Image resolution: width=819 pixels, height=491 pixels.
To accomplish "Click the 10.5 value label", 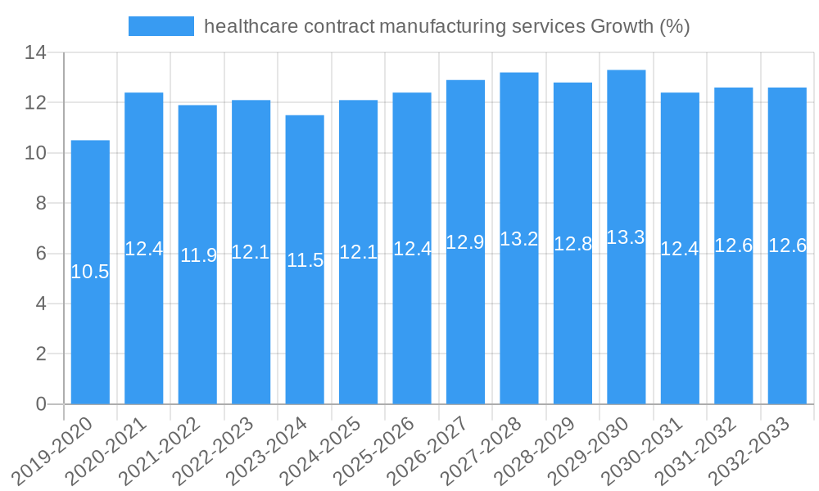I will pyautogui.click(x=90, y=273).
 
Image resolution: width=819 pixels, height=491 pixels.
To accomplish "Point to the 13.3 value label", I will pyautogui.click(x=627, y=237).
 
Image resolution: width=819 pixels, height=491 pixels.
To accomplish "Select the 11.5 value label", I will pyautogui.click(x=305, y=260).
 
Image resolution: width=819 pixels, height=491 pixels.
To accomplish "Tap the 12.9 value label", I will pyautogui.click(x=465, y=242).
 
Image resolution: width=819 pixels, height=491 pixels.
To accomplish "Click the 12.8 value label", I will pyautogui.click(x=572, y=244).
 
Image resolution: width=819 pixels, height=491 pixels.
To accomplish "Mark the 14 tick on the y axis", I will pyautogui.click(x=35, y=53).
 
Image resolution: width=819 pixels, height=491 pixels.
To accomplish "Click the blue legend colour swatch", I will pyautogui.click(x=161, y=26).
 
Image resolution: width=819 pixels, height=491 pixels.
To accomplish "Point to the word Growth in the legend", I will pyautogui.click(x=622, y=26).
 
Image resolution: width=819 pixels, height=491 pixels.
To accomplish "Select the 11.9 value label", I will pyautogui.click(x=198, y=255).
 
